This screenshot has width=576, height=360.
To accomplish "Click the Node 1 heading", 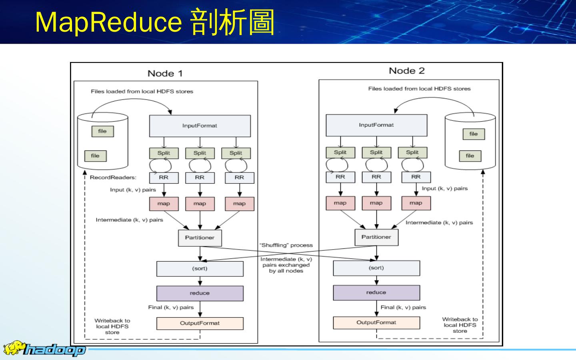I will [165, 73].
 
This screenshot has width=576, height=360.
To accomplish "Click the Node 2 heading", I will [407, 71].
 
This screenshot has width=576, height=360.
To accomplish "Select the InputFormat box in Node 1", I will [200, 126].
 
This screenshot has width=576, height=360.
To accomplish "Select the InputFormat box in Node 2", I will [376, 125].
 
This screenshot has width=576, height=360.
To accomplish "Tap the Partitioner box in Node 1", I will [200, 238].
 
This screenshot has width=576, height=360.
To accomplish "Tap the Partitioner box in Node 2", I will [376, 237].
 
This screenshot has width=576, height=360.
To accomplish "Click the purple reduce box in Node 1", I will [200, 293].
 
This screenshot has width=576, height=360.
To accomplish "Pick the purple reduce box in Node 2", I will [376, 292].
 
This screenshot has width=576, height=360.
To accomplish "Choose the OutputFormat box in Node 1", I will [200, 323].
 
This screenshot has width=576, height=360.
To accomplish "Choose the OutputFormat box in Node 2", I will [376, 322].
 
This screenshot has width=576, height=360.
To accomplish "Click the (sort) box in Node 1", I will [200, 268].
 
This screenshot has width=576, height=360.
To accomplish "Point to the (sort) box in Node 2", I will [376, 268].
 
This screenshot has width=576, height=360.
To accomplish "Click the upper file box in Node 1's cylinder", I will [102, 131].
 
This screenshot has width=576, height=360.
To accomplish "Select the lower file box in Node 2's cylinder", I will [470, 156].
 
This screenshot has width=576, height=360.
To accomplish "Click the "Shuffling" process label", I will [286, 245].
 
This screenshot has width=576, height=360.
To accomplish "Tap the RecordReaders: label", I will [113, 178].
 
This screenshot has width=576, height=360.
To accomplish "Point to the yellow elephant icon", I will [14, 348].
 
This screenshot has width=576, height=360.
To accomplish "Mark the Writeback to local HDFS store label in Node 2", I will [460, 325].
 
